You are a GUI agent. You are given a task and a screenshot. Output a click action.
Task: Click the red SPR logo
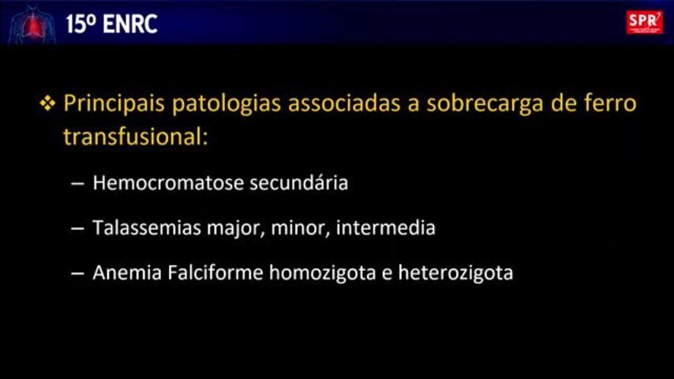pyautogui.click(x=644, y=22)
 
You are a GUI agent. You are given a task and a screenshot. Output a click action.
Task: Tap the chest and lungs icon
pyautogui.click(x=32, y=24)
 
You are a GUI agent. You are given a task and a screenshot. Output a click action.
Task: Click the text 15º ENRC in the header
pyautogui.click(x=112, y=24)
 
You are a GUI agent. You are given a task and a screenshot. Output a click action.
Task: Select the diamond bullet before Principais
pyautogui.click(x=47, y=103)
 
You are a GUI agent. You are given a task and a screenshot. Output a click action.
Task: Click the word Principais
pyautogui.click(x=114, y=103)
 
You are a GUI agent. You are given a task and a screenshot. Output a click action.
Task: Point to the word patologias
pyautogui.click(x=227, y=104)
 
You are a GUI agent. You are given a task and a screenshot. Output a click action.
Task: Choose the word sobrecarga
pyautogui.click(x=485, y=104)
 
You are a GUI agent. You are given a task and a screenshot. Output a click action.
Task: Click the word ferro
pyautogui.click(x=610, y=103)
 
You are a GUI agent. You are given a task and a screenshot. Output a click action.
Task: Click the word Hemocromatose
pyautogui.click(x=169, y=183)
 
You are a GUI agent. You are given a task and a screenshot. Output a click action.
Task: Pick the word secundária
pyautogui.click(x=299, y=183)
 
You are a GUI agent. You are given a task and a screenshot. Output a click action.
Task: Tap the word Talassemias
pyautogui.click(x=147, y=227)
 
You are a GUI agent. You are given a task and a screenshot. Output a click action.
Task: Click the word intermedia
pyautogui.click(x=386, y=227)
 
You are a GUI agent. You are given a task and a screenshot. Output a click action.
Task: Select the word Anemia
pyautogui.click(x=127, y=272)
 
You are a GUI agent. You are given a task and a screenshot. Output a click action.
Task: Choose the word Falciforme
pyautogui.click(x=215, y=272)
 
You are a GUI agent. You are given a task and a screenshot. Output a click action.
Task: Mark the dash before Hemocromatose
pyautogui.click(x=77, y=184)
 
